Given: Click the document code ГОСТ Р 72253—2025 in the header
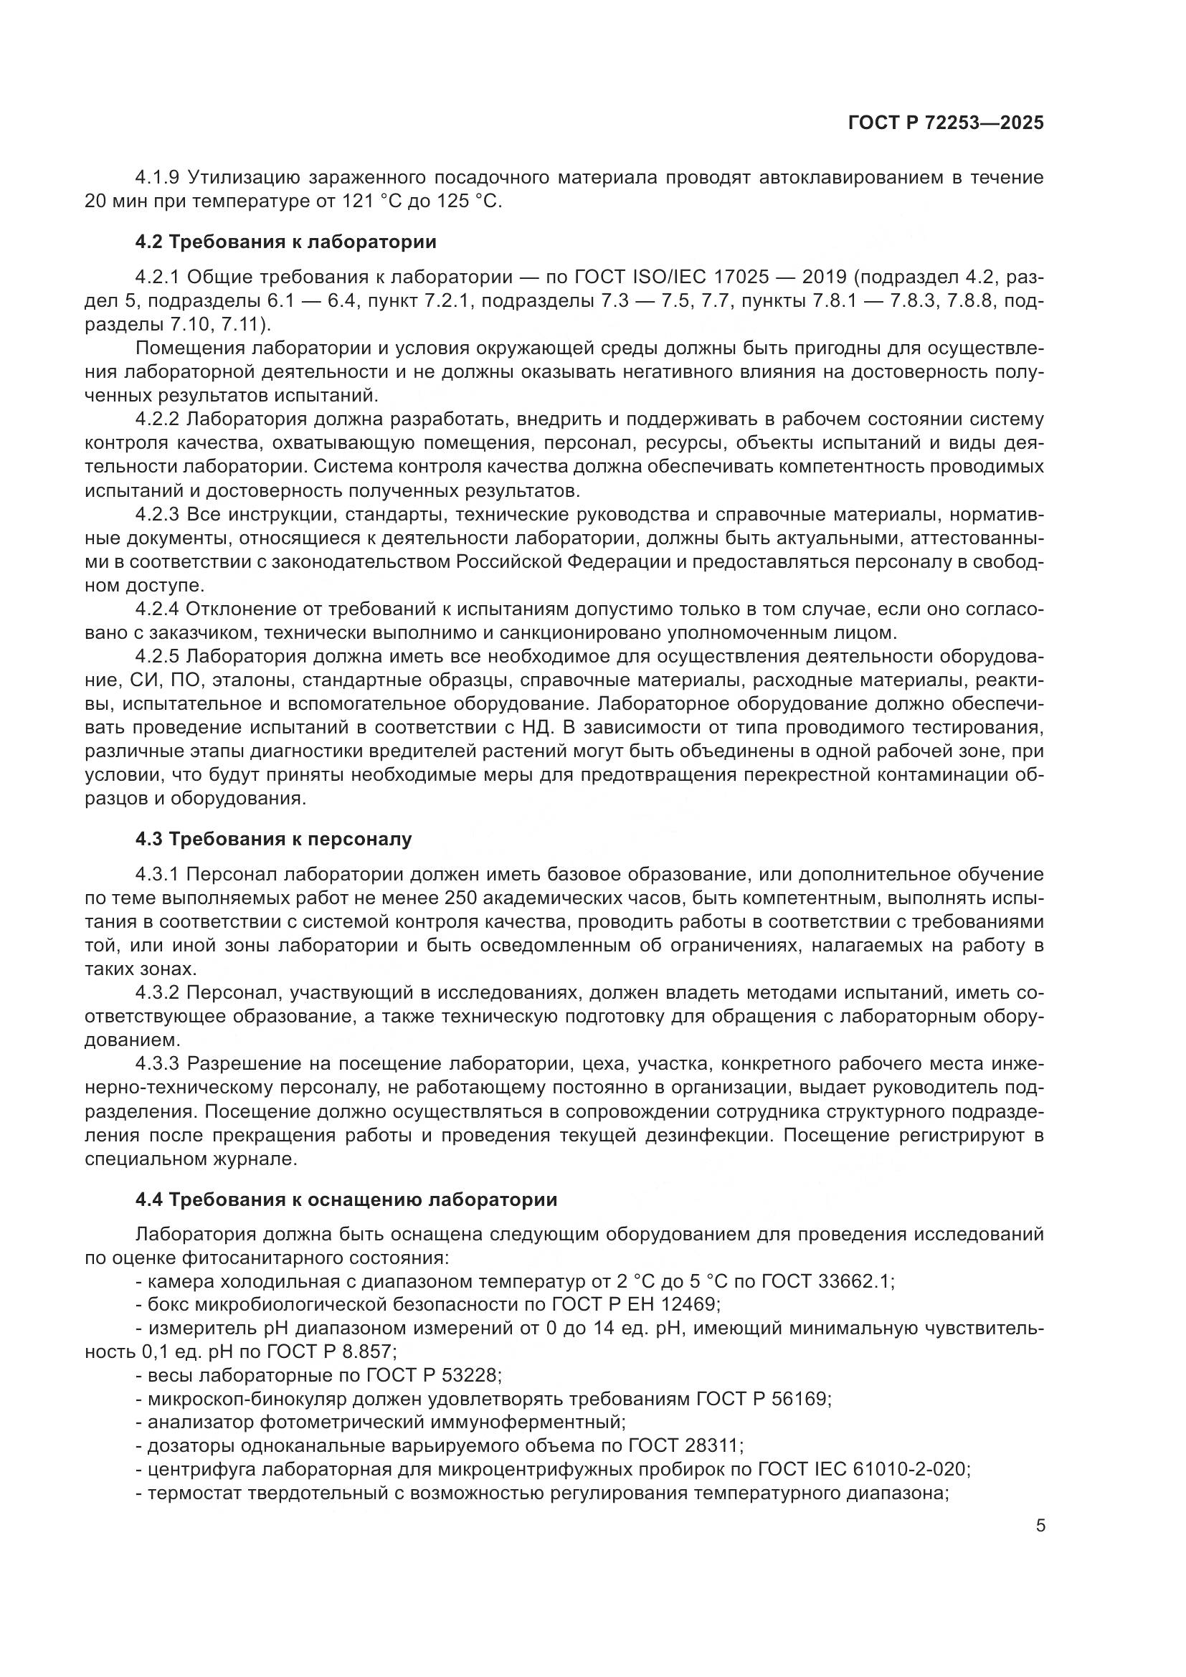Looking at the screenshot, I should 945,123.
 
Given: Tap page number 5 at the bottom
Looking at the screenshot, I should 1040,1525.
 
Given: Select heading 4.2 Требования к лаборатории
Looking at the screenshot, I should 285,242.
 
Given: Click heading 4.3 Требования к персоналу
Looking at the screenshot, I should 273,840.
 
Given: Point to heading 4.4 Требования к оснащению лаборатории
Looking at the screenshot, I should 346,1199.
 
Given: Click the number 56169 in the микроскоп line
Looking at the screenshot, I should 800,1399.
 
